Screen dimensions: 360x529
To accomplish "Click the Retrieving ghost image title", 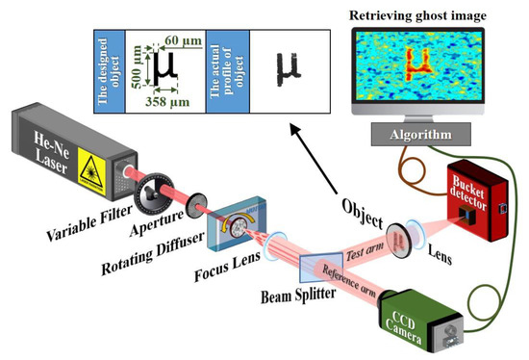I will coord(421,13).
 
